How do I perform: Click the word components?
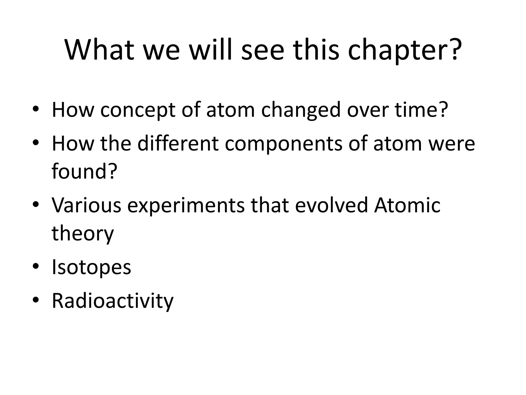[x=284, y=144]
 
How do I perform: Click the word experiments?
[x=186, y=206]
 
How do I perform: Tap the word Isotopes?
[x=91, y=267]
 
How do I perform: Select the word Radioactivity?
[x=113, y=301]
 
